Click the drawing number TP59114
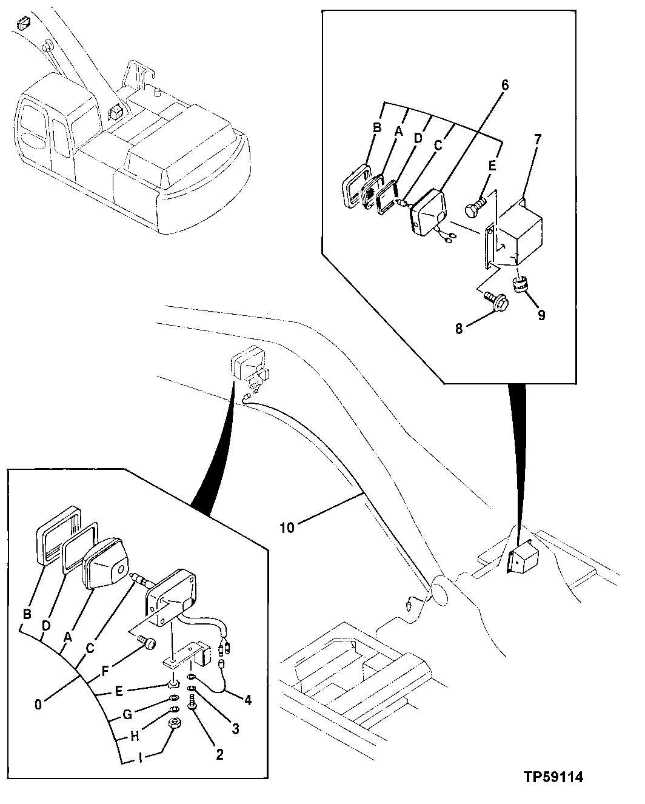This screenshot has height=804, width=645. (x=555, y=777)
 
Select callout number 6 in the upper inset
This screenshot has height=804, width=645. (x=504, y=85)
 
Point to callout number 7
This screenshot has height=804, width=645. (x=538, y=139)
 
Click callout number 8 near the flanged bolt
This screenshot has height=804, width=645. (x=459, y=329)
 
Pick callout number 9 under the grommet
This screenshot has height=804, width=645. (x=541, y=315)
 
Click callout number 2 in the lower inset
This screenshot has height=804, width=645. (x=219, y=755)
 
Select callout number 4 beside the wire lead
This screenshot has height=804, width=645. (x=247, y=700)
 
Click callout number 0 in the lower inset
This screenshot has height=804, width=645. (x=38, y=705)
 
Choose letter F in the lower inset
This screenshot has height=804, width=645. (x=105, y=671)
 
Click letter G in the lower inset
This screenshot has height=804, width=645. (x=127, y=714)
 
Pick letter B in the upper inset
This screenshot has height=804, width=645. (x=376, y=128)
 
